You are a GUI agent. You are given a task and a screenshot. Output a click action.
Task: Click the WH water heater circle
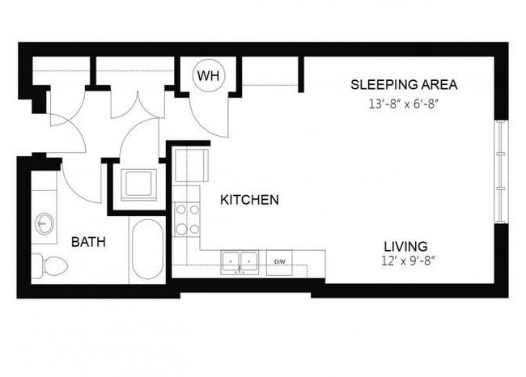[208, 76]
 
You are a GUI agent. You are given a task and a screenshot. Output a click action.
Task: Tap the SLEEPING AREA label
[404, 85]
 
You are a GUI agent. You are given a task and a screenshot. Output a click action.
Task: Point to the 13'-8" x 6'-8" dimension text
[404, 104]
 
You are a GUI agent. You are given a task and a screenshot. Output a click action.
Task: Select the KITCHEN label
[250, 199]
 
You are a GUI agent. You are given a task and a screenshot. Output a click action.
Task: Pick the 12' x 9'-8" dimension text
[405, 262]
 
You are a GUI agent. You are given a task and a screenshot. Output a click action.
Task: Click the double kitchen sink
[240, 261]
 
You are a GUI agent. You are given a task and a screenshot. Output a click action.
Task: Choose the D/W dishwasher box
[280, 262]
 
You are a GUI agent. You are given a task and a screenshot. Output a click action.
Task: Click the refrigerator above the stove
[190, 166]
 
